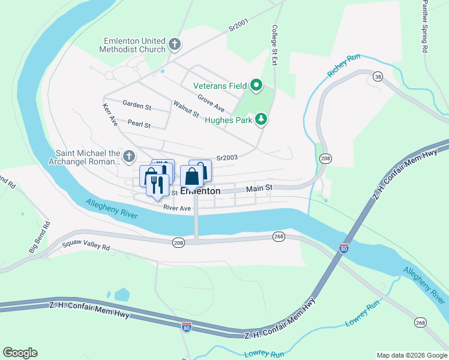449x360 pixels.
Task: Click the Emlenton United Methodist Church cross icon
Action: point(174,44)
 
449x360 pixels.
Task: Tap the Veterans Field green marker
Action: point(256,86)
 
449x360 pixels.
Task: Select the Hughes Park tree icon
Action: point(261,119)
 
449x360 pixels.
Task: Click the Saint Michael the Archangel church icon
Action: point(129,157)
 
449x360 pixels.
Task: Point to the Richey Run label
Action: point(343,65)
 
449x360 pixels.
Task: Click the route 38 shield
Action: point(378,77)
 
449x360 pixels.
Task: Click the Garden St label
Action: point(137,106)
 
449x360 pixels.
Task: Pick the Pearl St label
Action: point(138,125)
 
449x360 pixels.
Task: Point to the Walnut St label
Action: point(186,109)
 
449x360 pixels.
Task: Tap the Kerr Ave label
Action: point(110,114)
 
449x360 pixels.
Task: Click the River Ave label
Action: point(177,208)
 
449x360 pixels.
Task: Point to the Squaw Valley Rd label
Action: point(86,247)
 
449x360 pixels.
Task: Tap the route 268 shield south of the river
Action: point(279,236)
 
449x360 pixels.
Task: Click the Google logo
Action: point(20,353)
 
